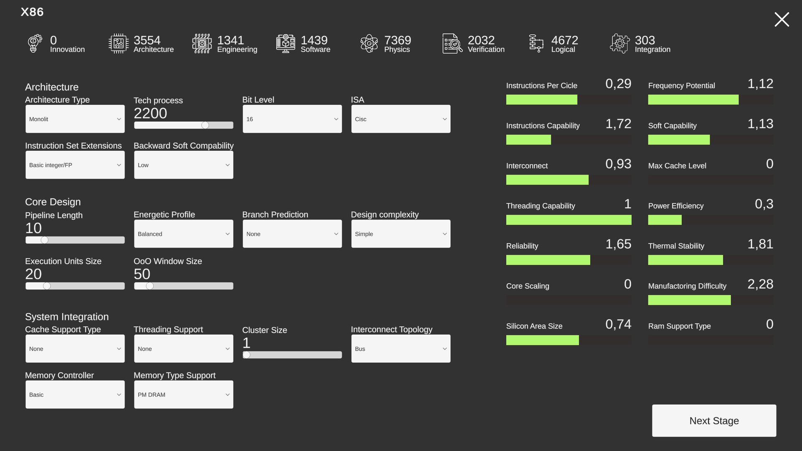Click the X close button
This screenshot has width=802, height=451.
pyautogui.click(x=782, y=20)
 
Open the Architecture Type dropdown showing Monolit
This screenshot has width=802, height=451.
pyautogui.click(x=75, y=119)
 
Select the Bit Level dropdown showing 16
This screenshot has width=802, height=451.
pyautogui.click(x=292, y=119)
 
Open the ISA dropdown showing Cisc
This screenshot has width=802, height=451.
pyautogui.click(x=401, y=119)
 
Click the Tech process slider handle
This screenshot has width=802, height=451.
pyautogui.click(x=205, y=125)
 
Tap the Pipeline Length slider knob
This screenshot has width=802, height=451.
pyautogui.click(x=45, y=240)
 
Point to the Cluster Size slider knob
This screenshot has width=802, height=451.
pyautogui.click(x=246, y=355)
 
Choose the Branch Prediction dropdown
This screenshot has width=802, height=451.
pyautogui.click(x=292, y=234)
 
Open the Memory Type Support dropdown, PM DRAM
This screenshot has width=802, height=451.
pyautogui.click(x=183, y=395)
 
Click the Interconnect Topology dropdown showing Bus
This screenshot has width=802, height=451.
pyautogui.click(x=401, y=349)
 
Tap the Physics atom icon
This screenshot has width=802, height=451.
pyautogui.click(x=369, y=43)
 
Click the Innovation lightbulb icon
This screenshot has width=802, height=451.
pyautogui.click(x=35, y=43)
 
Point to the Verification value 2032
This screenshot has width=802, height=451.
pyautogui.click(x=481, y=40)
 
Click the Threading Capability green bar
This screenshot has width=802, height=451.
pyautogui.click(x=569, y=220)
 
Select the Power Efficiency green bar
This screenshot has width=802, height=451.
pyautogui.click(x=665, y=220)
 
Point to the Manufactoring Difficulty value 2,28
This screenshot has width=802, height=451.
pyautogui.click(x=760, y=284)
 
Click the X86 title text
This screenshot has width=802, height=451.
pyautogui.click(x=32, y=12)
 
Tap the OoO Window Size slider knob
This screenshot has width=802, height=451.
pyautogui.click(x=150, y=286)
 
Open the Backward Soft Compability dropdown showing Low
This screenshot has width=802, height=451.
pyautogui.click(x=183, y=165)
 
